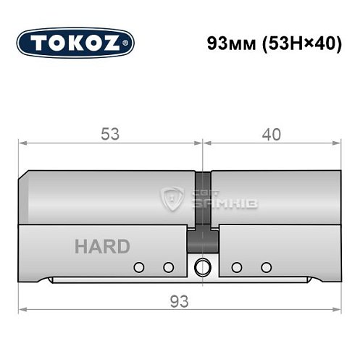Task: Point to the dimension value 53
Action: (111, 134)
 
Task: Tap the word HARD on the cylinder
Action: (102, 246)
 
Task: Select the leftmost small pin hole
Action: (137, 267)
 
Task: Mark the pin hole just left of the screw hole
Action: (168, 267)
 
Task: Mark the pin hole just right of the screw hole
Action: (235, 267)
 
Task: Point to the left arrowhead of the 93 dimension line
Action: (22, 309)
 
